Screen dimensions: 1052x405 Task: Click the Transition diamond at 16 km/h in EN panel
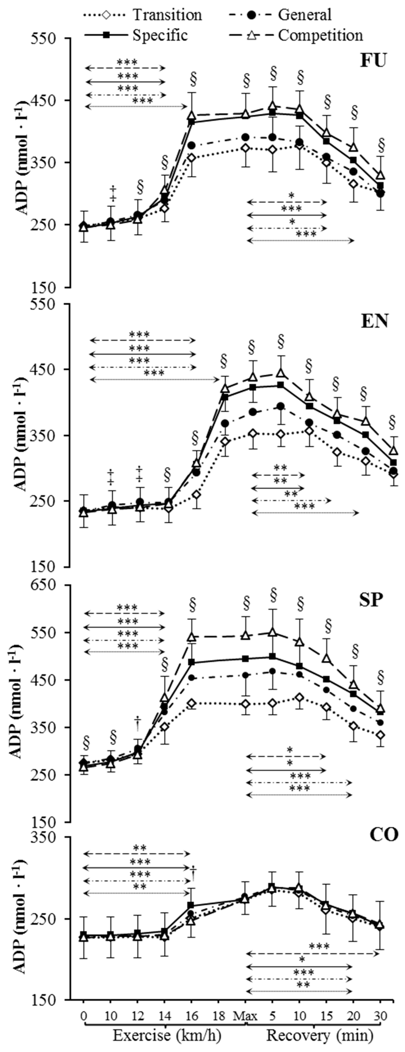coord(197,495)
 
